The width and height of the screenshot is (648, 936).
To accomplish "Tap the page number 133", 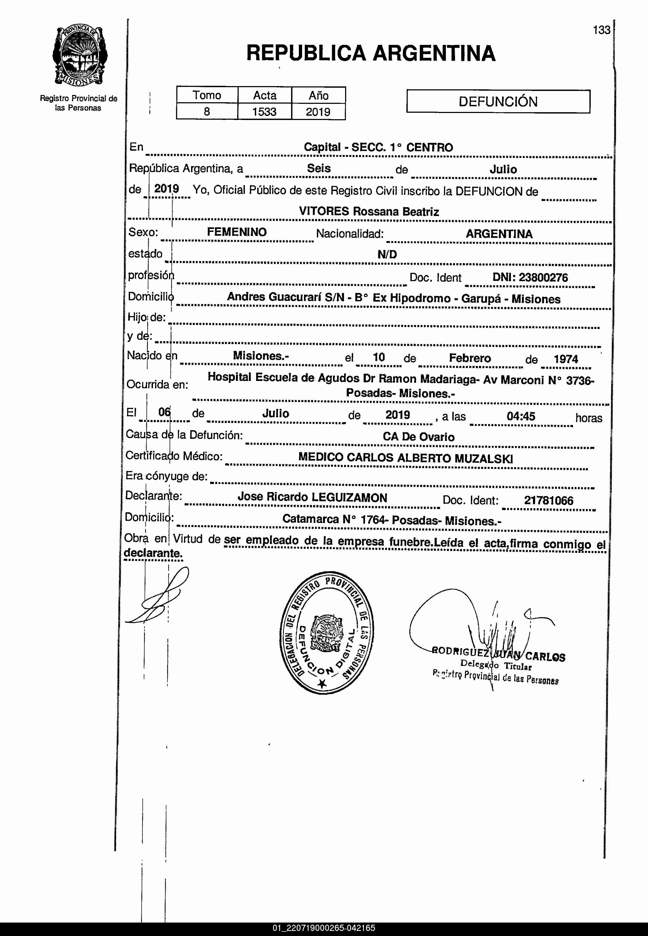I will point(601,30).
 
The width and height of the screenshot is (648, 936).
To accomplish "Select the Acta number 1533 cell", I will point(264,112).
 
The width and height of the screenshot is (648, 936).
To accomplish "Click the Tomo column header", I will point(207,95).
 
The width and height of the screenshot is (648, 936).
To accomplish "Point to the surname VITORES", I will point(324,211).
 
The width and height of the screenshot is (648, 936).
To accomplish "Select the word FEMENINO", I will point(237,232).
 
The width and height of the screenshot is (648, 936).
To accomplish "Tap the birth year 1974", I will point(565,359).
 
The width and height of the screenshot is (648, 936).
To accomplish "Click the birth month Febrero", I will point(470,358).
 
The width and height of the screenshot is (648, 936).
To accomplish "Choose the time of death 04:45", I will point(521,416).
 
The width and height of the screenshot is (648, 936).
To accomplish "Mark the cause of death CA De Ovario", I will point(418,437).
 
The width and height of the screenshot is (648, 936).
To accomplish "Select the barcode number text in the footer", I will point(324,928).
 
